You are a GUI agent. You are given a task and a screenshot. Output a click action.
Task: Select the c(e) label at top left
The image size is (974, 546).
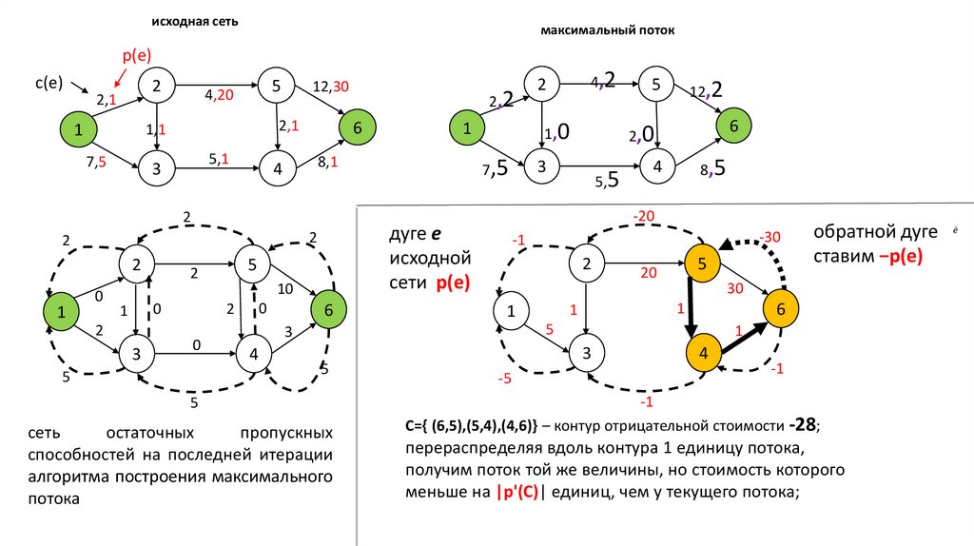pyautogui.click(x=49, y=83)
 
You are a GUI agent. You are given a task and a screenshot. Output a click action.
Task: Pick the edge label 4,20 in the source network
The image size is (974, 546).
pyautogui.click(x=219, y=94)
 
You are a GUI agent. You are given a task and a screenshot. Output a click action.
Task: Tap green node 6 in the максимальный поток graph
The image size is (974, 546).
pyautogui.click(x=732, y=125)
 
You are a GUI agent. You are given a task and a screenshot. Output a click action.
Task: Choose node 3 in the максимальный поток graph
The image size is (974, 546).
pyautogui.click(x=541, y=166)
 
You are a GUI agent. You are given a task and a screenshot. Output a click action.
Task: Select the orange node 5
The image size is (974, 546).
pyautogui.click(x=700, y=264)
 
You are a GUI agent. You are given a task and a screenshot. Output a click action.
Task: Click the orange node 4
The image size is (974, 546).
pyautogui.click(x=703, y=352)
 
